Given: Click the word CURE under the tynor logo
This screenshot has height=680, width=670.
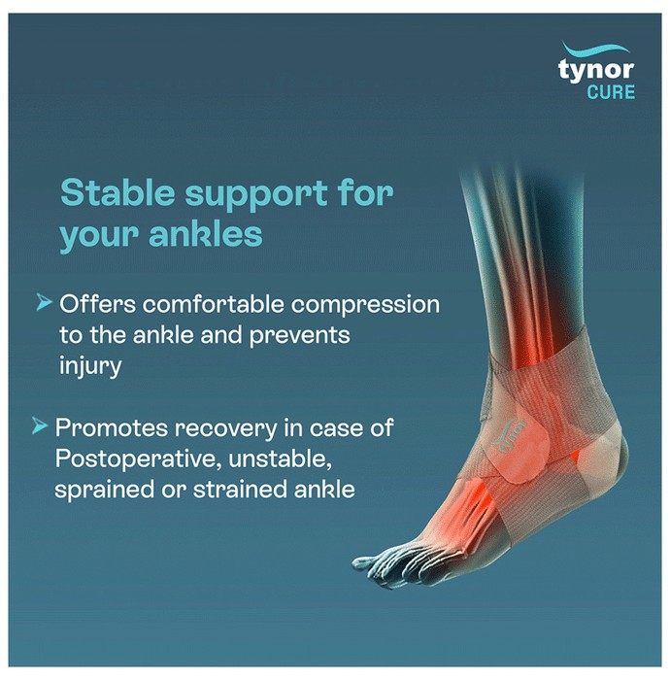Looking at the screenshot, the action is (611, 92).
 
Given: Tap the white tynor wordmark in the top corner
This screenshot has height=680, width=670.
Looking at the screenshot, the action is (596, 70).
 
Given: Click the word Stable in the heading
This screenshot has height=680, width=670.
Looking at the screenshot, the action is (117, 192).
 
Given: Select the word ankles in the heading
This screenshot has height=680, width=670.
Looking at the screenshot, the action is (206, 234).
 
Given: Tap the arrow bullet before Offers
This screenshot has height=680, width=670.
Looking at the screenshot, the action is (45, 302).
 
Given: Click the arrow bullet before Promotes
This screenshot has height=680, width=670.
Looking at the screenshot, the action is (40, 425).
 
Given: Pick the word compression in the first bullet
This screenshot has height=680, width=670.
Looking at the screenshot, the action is (365, 305).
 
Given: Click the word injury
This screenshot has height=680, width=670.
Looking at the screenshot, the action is (90, 366).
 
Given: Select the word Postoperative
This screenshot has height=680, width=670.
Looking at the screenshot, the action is (135, 459).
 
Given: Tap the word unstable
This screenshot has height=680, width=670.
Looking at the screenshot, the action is (280, 459).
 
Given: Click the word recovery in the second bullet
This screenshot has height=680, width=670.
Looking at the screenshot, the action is (225, 429).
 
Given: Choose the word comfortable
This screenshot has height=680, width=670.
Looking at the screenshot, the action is (213, 304).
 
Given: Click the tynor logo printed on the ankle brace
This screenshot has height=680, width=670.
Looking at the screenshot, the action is (510, 435).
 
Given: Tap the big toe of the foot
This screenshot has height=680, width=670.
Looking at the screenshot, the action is (365, 562).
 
